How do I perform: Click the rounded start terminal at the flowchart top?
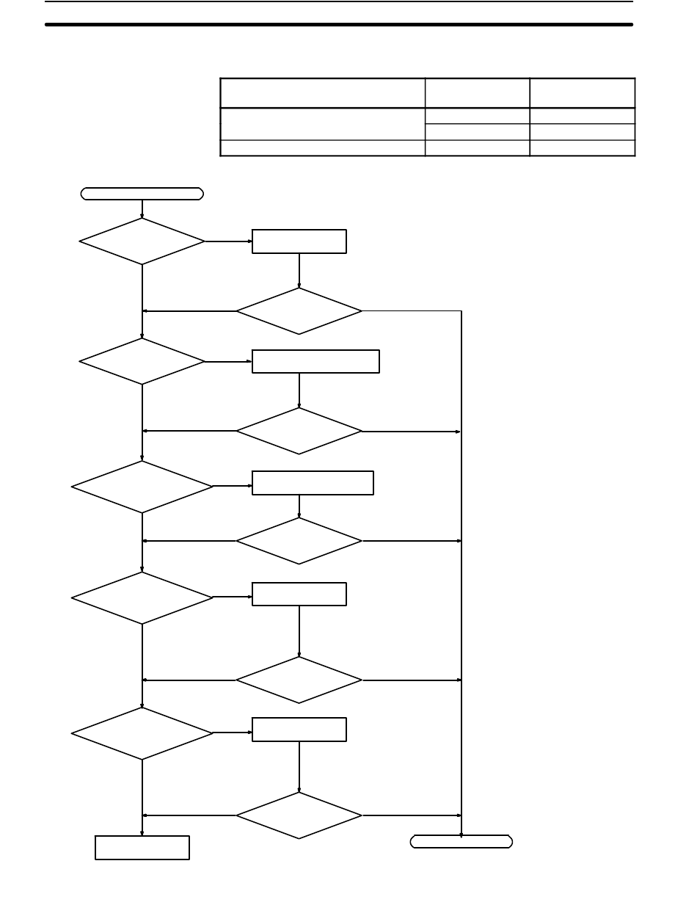(x=142, y=194)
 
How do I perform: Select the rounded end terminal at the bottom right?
(x=461, y=841)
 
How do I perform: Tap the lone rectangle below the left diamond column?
(x=142, y=847)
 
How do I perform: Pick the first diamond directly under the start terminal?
(x=142, y=241)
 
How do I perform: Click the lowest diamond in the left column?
(x=142, y=733)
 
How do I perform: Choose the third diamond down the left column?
(x=142, y=486)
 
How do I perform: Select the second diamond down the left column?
(x=142, y=361)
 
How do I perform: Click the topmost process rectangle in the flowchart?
(x=299, y=241)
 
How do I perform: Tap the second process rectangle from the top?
(x=315, y=362)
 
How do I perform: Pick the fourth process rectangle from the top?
(x=299, y=594)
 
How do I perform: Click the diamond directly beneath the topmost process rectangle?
(x=299, y=311)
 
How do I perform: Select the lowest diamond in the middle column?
(x=299, y=815)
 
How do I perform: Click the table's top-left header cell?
(x=323, y=93)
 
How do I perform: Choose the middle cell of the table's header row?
(x=477, y=93)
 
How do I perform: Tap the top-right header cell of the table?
(x=582, y=93)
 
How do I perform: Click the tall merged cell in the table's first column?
(x=323, y=123)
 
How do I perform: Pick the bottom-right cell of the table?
(x=582, y=148)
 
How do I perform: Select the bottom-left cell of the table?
(x=323, y=148)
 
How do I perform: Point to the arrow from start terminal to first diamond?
(x=142, y=209)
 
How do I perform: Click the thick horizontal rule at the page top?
(x=339, y=24)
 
